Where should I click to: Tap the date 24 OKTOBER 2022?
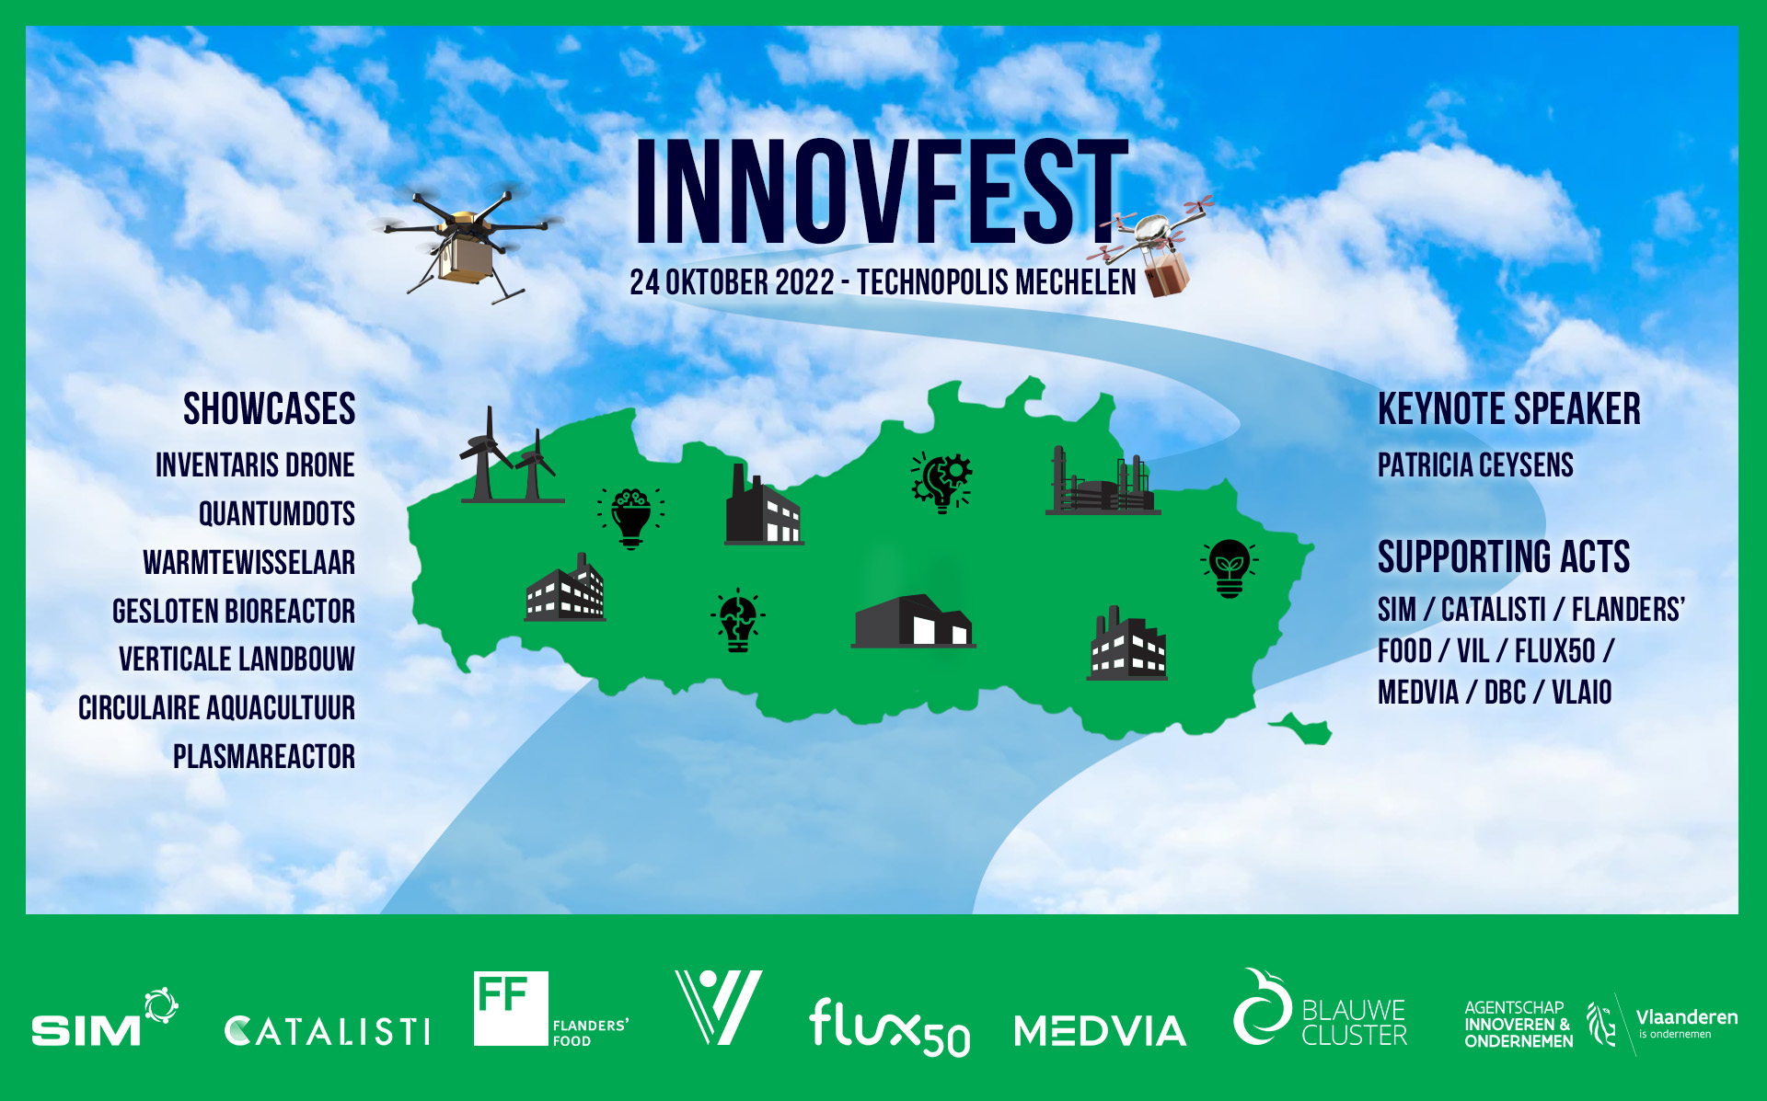(732, 282)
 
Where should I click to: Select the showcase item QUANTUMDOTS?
(277, 513)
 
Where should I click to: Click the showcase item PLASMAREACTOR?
(264, 756)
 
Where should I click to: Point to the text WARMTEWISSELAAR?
(248, 562)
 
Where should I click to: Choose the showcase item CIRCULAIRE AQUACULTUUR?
(216, 707)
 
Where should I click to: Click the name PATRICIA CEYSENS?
(1475, 464)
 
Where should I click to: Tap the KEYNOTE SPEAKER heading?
(1509, 408)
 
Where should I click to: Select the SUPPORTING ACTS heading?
(1504, 556)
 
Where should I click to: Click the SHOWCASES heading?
(269, 408)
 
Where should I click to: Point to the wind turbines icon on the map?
(511, 456)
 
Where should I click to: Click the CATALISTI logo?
(327, 1031)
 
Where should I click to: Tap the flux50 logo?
(889, 1027)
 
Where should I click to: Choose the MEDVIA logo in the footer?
(1100, 1031)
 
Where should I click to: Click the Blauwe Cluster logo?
(1320, 1008)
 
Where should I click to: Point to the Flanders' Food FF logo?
(550, 1009)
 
